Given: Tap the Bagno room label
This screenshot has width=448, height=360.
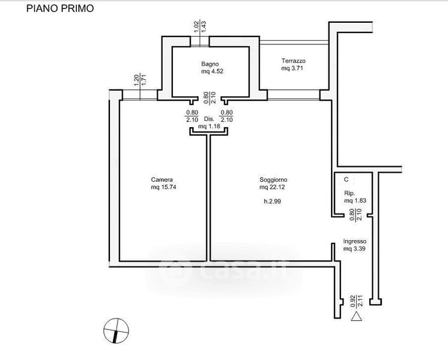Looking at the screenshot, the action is (210, 64).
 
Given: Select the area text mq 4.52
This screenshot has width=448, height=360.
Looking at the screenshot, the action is (213, 72).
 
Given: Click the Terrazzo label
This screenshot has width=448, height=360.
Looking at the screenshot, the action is (294, 61).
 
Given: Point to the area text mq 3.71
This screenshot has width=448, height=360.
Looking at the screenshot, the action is (294, 69).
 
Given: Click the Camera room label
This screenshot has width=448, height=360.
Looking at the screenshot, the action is (162, 179).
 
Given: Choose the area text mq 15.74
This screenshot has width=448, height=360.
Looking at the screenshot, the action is (163, 187).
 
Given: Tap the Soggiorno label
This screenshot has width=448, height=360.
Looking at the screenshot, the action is (273, 179).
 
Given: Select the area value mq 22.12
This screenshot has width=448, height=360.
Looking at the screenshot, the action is (273, 187).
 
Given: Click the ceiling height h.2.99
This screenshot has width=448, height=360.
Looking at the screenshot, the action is (273, 201).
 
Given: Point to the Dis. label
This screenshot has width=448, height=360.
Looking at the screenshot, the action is (209, 119).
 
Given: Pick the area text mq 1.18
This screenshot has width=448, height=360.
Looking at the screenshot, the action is (210, 127).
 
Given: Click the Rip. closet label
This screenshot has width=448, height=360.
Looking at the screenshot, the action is (349, 193).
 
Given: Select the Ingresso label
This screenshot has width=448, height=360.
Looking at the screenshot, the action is (355, 241).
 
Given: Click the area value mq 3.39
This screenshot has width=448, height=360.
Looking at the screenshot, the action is (354, 248).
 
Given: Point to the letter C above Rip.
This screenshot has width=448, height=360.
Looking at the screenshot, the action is (346, 179).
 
